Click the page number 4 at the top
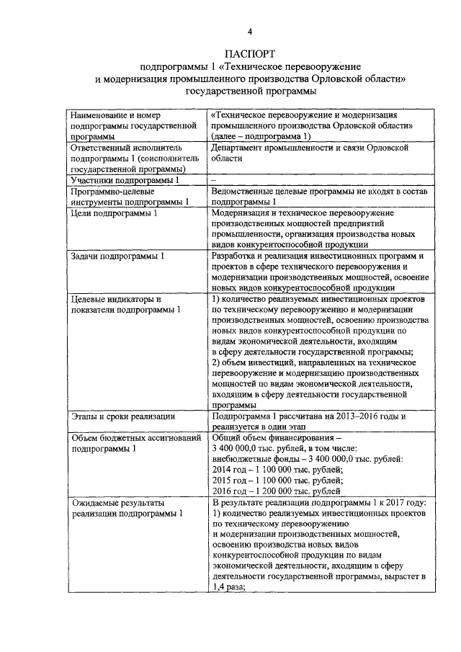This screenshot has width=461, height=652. click(x=250, y=31)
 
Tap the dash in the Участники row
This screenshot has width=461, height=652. click(x=214, y=179)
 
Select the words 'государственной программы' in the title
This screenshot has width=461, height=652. click(x=250, y=91)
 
